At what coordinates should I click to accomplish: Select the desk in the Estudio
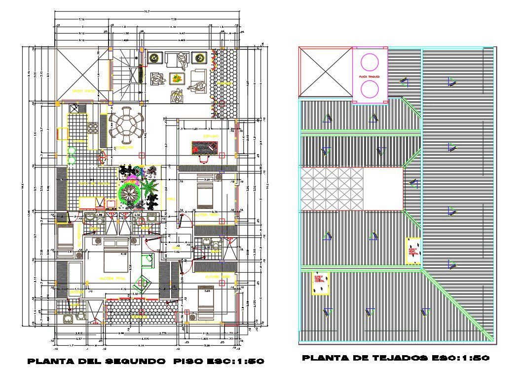(x=204, y=147)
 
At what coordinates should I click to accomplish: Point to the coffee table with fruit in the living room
(x=176, y=78)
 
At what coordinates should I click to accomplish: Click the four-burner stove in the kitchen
(x=92, y=128)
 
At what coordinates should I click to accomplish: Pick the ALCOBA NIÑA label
(x=207, y=215)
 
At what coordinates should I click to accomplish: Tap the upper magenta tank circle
(x=370, y=63)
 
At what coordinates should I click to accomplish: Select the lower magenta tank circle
(x=370, y=90)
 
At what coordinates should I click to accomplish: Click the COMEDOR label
(x=124, y=147)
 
